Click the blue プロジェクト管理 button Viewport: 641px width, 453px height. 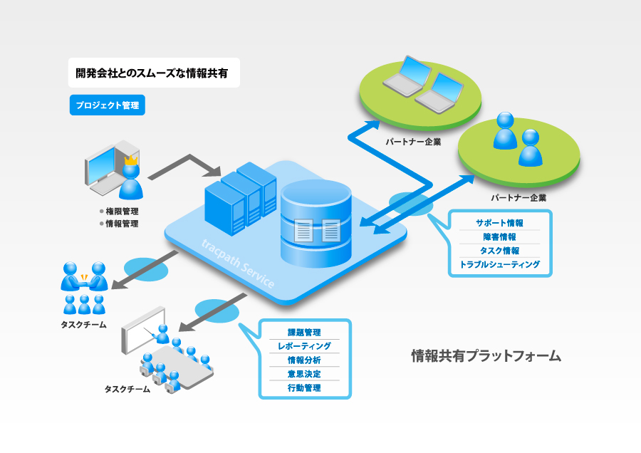108,105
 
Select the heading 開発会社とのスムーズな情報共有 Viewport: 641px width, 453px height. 152,73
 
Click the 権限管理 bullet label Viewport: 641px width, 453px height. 122,211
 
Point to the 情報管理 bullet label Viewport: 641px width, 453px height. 122,224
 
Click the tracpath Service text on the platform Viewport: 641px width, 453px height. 237,264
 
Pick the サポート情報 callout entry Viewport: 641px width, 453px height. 499,224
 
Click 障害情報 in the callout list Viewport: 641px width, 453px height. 499,237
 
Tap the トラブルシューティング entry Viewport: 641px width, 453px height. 499,264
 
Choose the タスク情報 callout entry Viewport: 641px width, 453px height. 499,251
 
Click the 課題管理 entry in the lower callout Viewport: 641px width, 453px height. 304,333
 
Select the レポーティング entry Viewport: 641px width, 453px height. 304,346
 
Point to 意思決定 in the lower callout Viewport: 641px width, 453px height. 304,374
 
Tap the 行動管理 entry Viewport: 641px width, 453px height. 304,388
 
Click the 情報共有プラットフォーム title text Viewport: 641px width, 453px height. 486,355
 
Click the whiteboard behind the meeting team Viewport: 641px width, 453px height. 142,330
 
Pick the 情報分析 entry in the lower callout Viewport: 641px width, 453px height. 304,360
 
